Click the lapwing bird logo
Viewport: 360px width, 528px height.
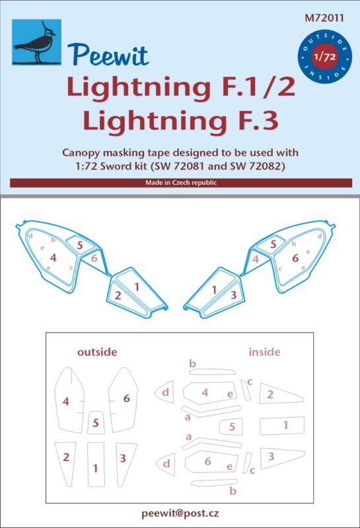(37, 42)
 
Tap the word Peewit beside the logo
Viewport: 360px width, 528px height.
(108, 55)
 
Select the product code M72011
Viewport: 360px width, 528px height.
(324, 18)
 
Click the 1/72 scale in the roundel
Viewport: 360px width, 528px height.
(324, 56)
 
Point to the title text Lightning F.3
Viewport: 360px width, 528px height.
(181, 121)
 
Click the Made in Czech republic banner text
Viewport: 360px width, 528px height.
(181, 183)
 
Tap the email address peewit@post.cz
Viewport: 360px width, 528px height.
(180, 513)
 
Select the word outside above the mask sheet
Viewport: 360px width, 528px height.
(97, 352)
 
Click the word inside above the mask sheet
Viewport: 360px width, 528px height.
(264, 352)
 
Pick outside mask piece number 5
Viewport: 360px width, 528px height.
(96, 422)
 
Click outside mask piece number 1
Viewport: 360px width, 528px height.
(96, 465)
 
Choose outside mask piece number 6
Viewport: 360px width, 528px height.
(123, 400)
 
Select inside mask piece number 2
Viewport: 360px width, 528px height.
(280, 393)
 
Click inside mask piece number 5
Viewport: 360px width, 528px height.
(231, 426)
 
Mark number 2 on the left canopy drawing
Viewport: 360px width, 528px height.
(118, 296)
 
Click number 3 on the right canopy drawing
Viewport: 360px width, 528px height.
(233, 295)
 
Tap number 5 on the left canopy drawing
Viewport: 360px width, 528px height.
(80, 245)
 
